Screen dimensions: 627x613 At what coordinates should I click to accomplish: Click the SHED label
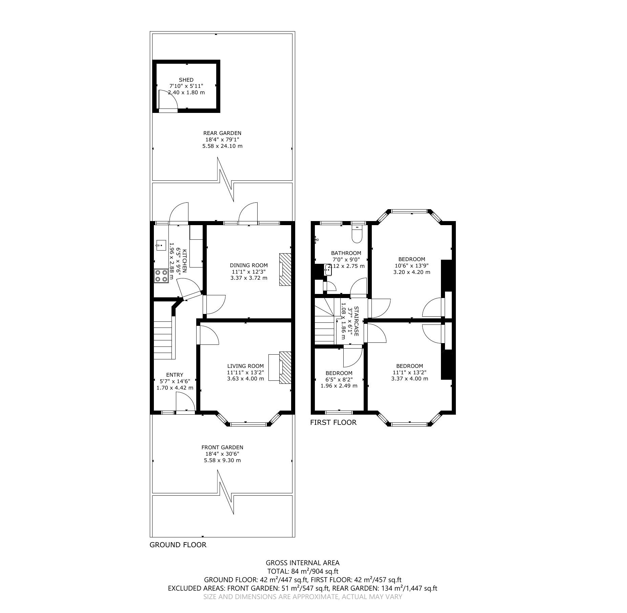click(186, 80)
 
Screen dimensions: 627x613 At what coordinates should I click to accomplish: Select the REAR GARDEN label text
click(222, 133)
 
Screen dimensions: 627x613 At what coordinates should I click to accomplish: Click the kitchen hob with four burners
click(161, 275)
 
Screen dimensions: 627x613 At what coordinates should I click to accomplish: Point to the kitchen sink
click(161, 244)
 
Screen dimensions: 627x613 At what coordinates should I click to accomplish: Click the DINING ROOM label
click(249, 265)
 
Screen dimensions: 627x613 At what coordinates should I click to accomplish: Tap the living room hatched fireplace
click(285, 368)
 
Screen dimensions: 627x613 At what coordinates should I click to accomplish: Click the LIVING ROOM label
click(245, 366)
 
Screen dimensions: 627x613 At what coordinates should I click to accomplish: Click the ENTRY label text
click(175, 375)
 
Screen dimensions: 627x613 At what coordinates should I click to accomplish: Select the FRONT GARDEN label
click(222, 447)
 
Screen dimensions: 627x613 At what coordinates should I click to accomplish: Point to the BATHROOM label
click(346, 253)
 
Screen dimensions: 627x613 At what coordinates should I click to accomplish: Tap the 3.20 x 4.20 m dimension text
click(412, 272)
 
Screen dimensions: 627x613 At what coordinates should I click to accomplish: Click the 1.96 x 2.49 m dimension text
click(339, 385)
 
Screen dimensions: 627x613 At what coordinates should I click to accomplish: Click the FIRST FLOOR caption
click(333, 422)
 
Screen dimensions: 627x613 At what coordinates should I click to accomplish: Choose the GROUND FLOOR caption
click(178, 554)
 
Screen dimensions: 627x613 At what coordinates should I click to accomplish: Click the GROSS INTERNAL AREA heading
click(303, 563)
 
